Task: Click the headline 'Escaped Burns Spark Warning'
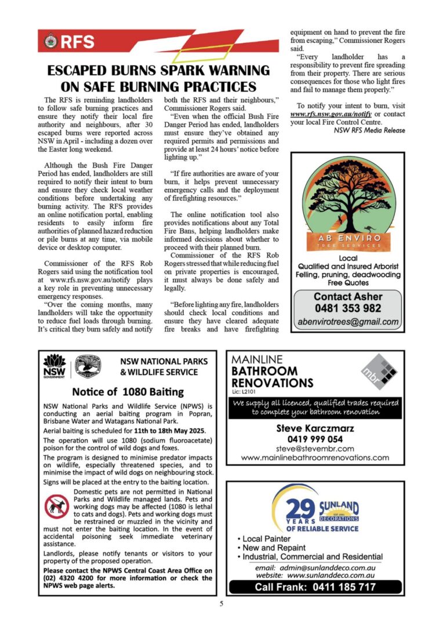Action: (x=158, y=71)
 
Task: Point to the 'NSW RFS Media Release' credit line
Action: (x=369, y=130)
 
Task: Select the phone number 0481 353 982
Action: (x=347, y=308)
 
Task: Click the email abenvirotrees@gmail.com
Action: (x=347, y=322)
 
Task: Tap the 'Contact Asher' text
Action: (x=347, y=296)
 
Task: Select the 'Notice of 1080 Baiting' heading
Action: (x=128, y=392)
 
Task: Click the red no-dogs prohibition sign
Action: (x=57, y=507)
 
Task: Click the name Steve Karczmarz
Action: (x=315, y=429)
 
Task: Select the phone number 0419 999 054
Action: (x=315, y=439)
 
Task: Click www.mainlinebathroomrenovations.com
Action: (x=315, y=457)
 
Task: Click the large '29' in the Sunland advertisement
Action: (x=302, y=508)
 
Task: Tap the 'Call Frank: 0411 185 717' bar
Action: (x=315, y=587)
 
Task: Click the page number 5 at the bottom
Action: (x=221, y=604)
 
